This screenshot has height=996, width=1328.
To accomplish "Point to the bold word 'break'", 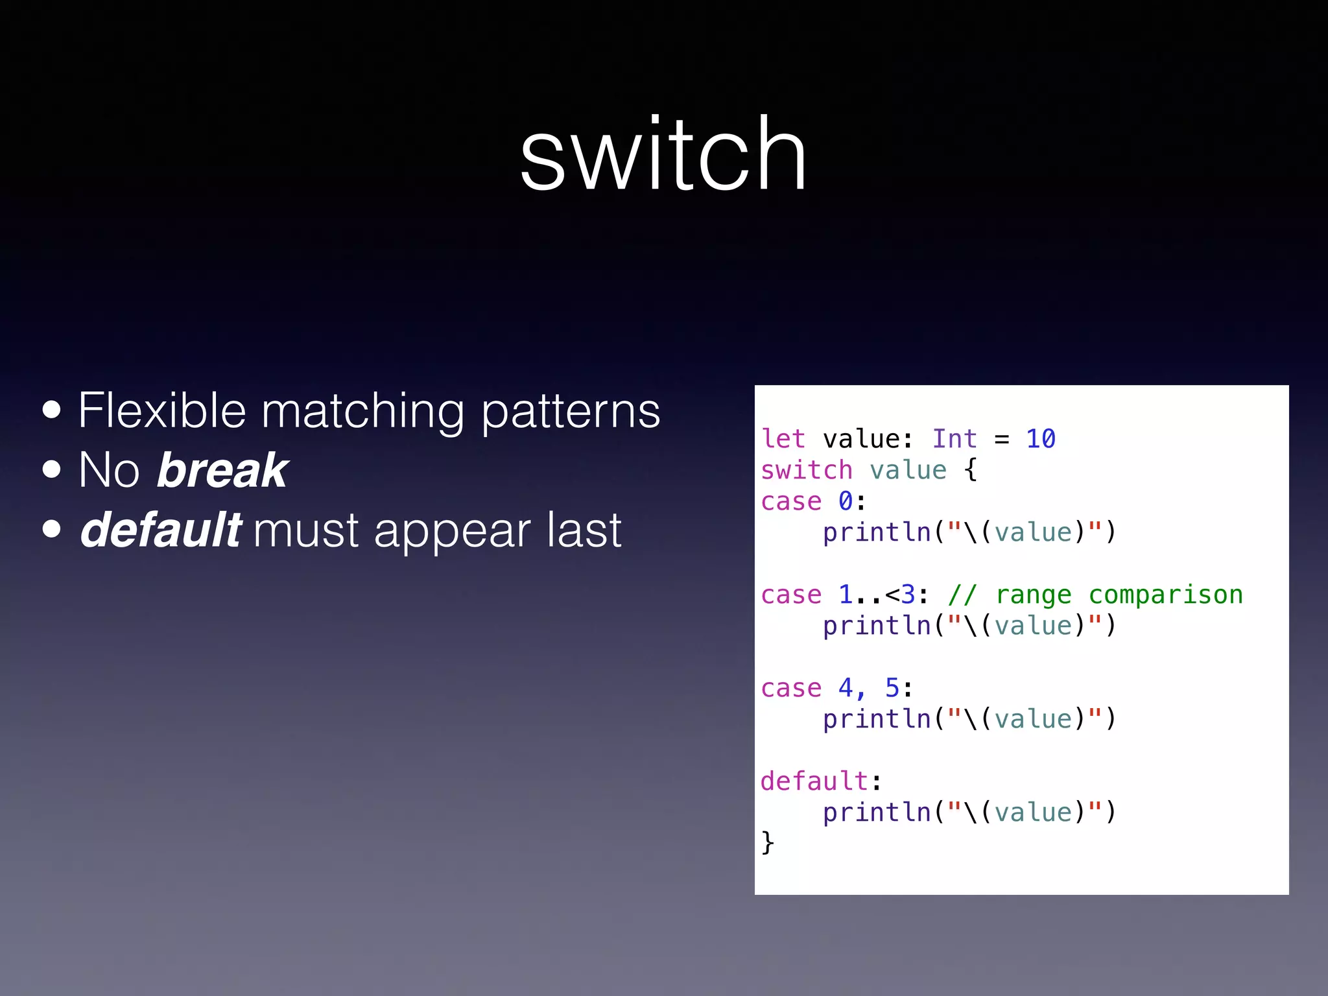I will click(222, 470).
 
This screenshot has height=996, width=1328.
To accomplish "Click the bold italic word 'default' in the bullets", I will click(161, 530).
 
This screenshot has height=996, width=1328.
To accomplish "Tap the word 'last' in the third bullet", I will click(584, 530).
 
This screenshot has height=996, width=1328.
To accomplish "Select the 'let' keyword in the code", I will click(783, 439).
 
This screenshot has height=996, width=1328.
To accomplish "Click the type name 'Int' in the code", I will click(954, 439).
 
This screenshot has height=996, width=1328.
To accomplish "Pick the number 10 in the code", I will click(1041, 439).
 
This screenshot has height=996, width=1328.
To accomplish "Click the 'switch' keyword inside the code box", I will click(807, 470).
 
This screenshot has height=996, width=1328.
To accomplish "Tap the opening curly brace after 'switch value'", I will click(970, 470).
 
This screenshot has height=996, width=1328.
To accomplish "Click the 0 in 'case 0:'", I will click(846, 501).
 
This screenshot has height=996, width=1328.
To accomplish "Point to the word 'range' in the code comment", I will click(1033, 595).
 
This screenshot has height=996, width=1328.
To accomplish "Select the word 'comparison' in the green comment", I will click(1165, 595).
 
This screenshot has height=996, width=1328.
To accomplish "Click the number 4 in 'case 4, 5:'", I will click(846, 688).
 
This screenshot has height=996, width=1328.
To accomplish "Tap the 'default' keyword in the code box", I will click(814, 781).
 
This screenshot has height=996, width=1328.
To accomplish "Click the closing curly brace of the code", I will click(768, 843).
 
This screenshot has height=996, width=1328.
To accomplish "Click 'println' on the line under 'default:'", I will click(877, 812).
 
